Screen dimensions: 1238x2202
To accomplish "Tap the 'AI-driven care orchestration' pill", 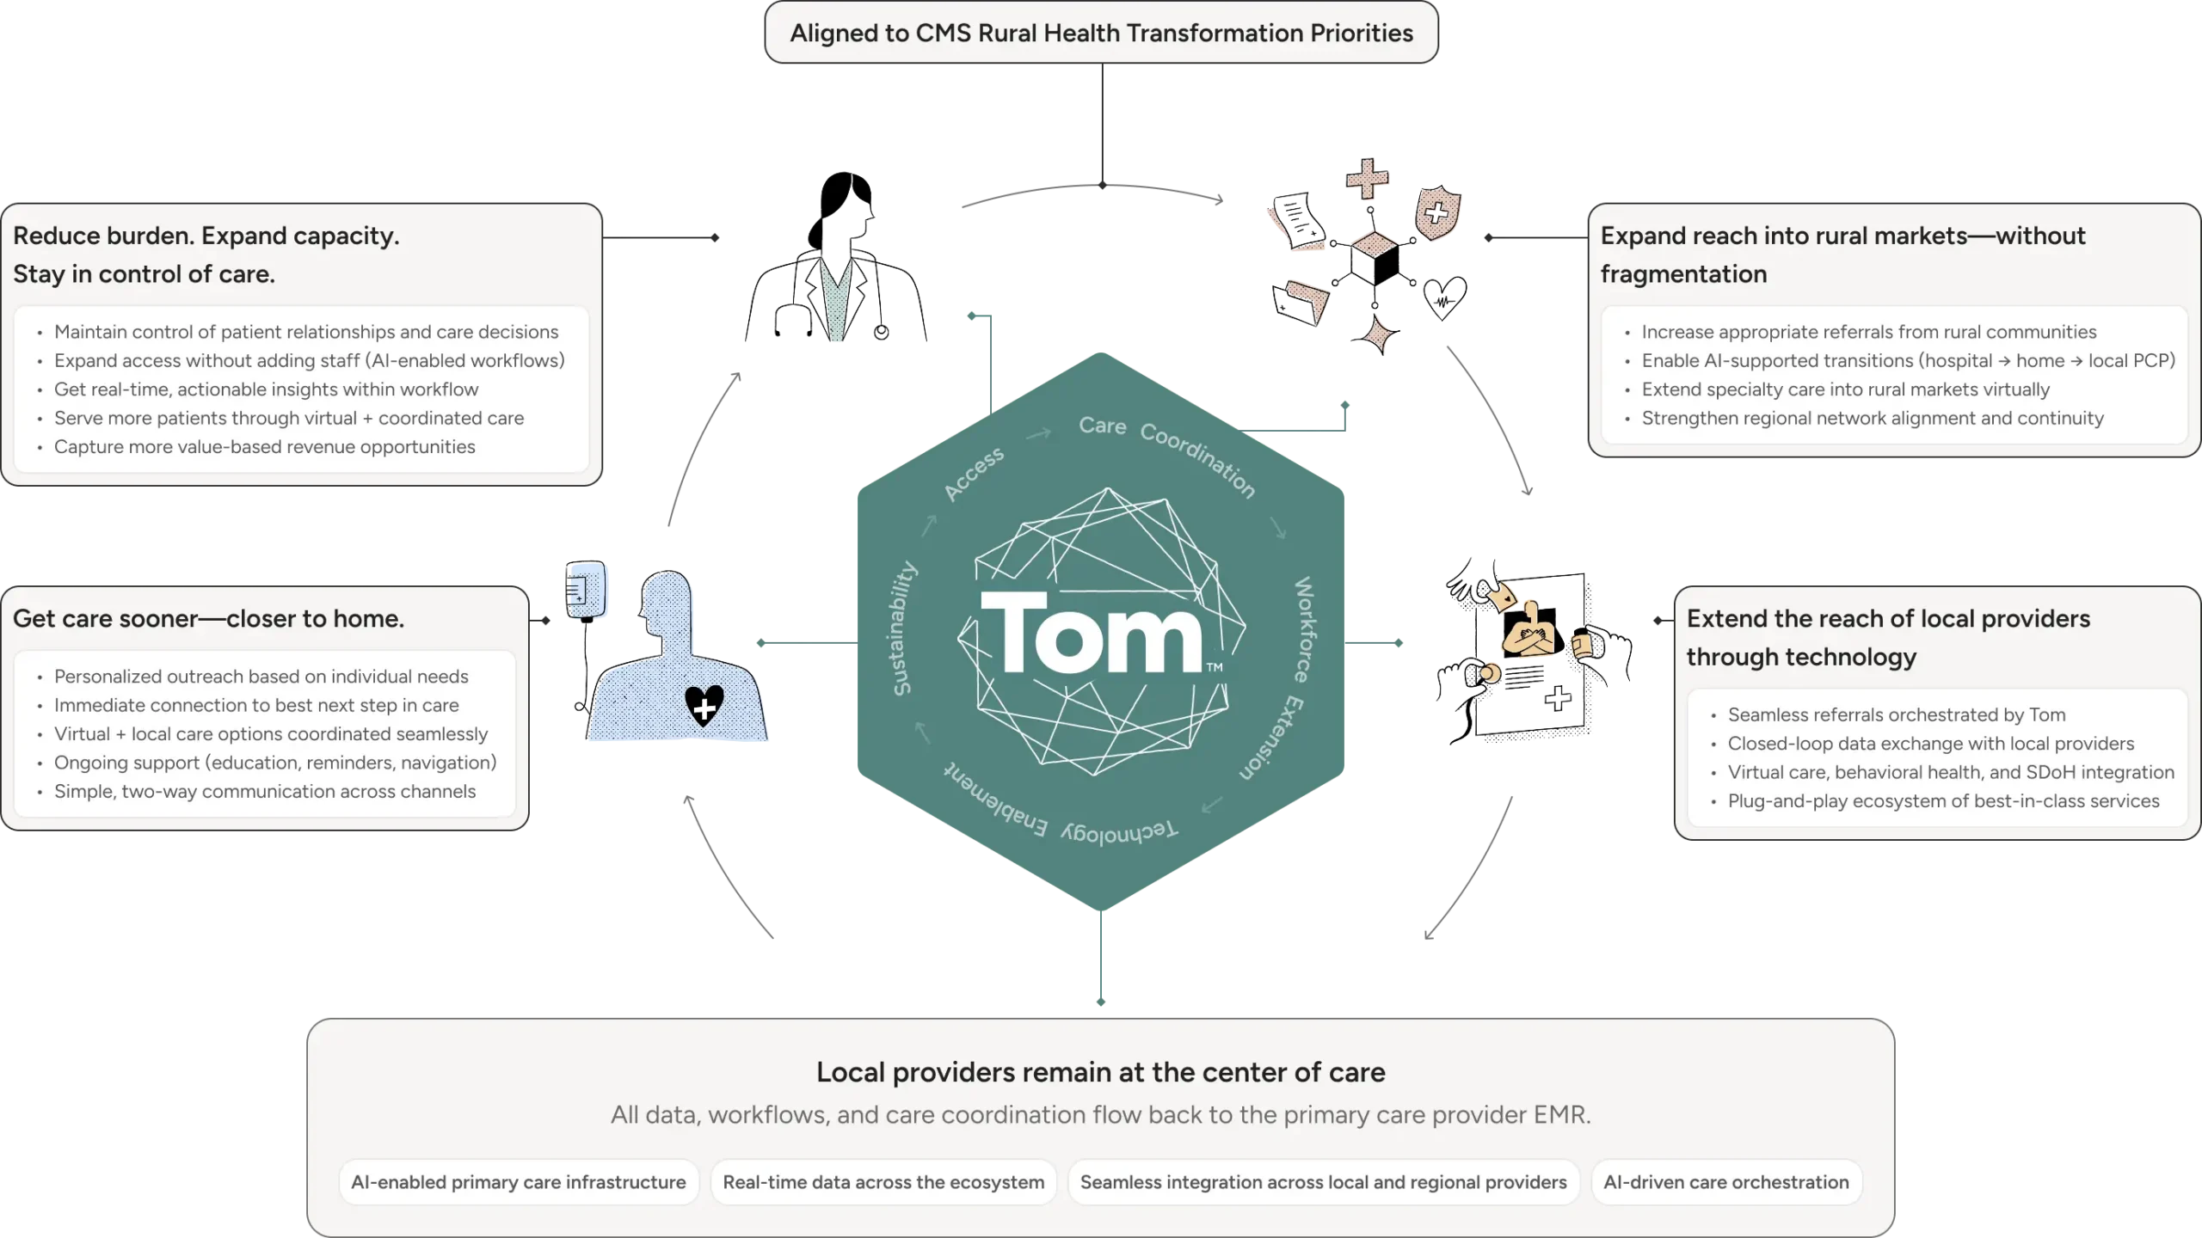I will click(1725, 1182).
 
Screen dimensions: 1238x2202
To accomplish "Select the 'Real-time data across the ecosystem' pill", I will click(883, 1182).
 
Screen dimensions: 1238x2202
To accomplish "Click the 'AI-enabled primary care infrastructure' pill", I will click(519, 1182).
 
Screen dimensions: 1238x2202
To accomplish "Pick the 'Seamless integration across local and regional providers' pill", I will click(1323, 1182).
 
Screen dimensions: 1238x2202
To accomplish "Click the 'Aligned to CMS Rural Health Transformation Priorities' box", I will click(1101, 33).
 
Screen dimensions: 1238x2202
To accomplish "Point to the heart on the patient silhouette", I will click(704, 705).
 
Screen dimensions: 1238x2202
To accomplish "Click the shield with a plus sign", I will click(1436, 211).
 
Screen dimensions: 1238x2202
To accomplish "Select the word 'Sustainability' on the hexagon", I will click(903, 628).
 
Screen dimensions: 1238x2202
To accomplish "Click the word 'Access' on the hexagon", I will click(974, 474).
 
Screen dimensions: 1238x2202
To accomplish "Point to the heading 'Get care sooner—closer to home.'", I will click(208, 618).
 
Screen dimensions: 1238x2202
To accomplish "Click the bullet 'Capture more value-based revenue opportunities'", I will click(264, 447).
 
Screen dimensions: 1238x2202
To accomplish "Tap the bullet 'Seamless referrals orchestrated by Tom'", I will click(1896, 714).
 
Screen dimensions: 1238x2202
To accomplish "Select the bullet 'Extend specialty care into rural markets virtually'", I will click(1845, 389).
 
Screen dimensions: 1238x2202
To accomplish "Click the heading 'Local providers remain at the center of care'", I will click(1101, 1072).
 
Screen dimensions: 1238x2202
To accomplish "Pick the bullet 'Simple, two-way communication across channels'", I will click(264, 792).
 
